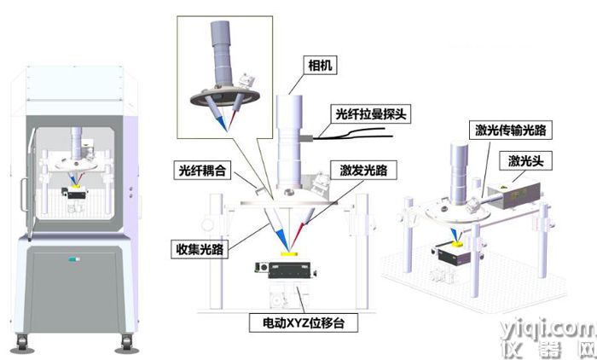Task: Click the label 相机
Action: tap(320, 66)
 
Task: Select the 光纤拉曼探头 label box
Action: tap(370, 113)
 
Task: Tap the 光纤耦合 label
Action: tap(202, 171)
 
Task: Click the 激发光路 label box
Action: tap(363, 171)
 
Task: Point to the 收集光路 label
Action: tap(200, 249)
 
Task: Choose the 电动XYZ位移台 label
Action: tap(304, 323)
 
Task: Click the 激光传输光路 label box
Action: tap(511, 131)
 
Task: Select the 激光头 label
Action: tap(525, 160)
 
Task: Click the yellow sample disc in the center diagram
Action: tap(289, 254)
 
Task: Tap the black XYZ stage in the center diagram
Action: tap(287, 270)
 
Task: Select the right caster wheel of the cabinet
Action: tap(126, 343)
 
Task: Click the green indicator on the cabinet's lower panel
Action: tap(74, 259)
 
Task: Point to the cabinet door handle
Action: tap(24, 195)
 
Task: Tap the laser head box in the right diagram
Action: tap(514, 195)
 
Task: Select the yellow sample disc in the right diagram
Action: tap(458, 243)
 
